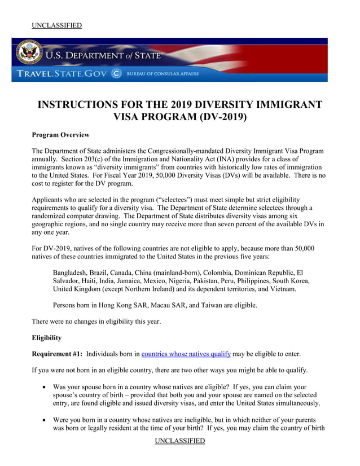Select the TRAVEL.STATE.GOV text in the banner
coord(59,74)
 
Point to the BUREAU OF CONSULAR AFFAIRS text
coord(163,74)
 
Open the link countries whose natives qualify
coord(186,354)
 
